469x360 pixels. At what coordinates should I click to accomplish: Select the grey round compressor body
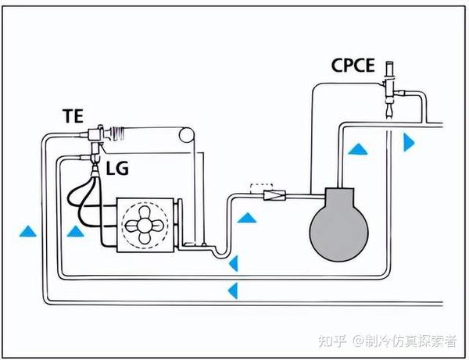(337, 227)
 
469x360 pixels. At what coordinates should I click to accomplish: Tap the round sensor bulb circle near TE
(185, 134)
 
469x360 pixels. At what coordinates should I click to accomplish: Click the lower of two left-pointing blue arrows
(231, 291)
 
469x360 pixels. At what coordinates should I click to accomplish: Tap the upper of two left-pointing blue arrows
(231, 262)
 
